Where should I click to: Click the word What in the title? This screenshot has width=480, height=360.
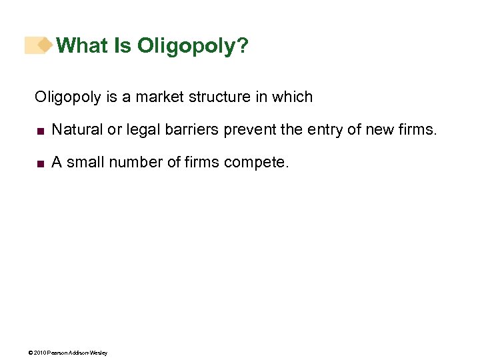[81, 45]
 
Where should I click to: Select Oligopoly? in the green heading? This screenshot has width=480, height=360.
[193, 47]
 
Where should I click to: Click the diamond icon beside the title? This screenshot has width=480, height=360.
[45, 45]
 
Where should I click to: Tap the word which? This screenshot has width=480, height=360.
[292, 97]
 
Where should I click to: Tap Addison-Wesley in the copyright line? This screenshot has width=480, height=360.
[88, 353]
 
